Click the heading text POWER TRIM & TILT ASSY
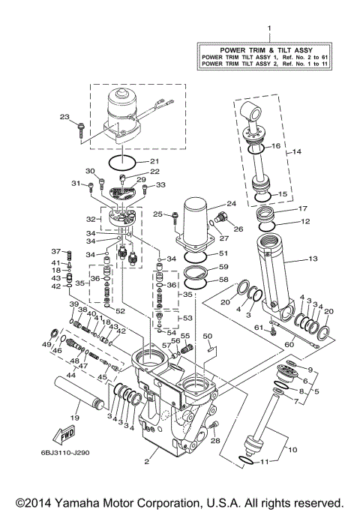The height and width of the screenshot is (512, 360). click(x=268, y=47)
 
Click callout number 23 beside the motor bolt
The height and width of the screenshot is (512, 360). click(x=64, y=116)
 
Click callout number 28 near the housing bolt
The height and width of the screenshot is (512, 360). click(x=215, y=442)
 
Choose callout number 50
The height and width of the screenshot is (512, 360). click(x=208, y=337)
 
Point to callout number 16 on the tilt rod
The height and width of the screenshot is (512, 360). click(x=275, y=145)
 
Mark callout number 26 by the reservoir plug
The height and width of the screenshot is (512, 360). click(x=240, y=229)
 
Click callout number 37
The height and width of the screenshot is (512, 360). click(x=55, y=251)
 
